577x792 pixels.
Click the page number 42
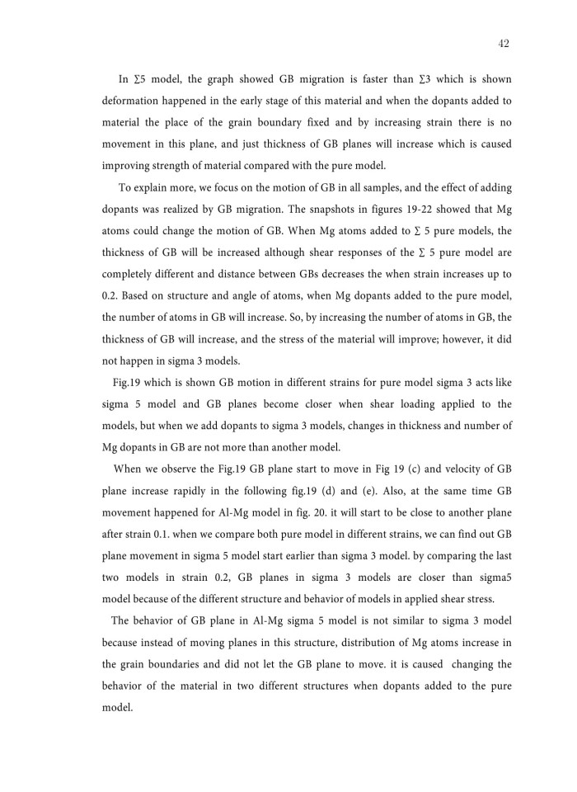pyautogui.click(x=504, y=44)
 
